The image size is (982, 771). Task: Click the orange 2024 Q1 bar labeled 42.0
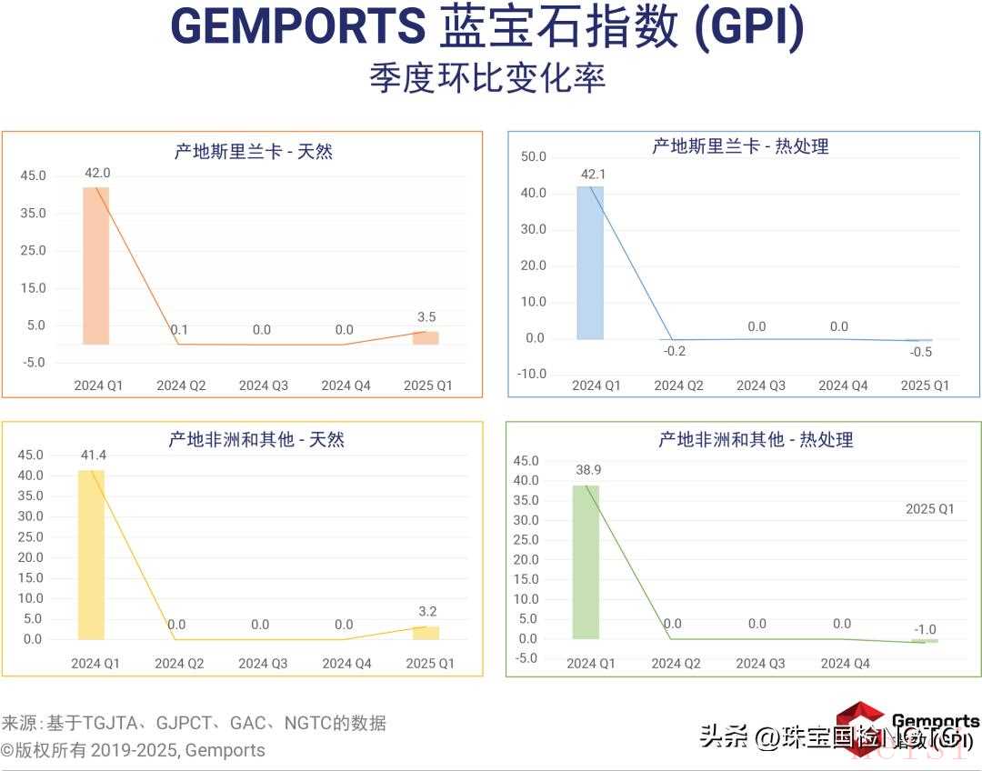point(95,265)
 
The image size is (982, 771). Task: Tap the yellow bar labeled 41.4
point(91,555)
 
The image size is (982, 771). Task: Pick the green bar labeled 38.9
point(586,561)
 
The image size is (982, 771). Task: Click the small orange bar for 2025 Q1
point(426,338)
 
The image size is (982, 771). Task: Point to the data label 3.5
point(426,317)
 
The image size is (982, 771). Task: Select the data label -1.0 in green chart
point(925,629)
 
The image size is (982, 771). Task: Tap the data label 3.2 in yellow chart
point(426,611)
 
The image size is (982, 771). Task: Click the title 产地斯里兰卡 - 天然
point(254,151)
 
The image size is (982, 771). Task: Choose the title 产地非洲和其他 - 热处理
point(756,440)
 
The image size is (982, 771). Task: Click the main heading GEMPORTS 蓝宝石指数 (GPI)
point(487,27)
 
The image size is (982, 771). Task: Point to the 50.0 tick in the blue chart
point(534,157)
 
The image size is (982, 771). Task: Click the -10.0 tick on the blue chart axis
point(532,374)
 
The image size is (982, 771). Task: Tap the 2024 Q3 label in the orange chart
point(264,385)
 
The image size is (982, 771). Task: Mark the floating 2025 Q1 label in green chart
point(929,509)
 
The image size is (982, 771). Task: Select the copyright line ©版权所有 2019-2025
point(133,751)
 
